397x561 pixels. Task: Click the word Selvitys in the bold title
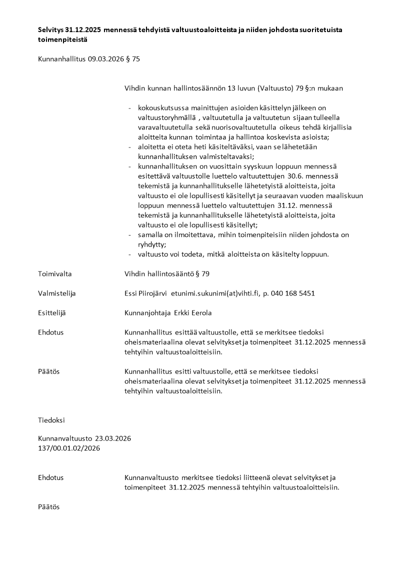coord(50,30)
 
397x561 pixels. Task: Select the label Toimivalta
coord(55,274)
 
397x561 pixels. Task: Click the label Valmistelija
coord(57,293)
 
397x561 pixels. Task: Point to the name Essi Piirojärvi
coord(146,293)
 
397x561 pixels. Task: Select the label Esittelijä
coord(52,313)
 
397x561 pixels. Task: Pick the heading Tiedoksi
coord(51,420)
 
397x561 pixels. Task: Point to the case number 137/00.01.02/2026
coord(69,448)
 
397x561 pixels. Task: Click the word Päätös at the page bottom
coord(49,506)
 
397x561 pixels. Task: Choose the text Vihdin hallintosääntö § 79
coord(167,274)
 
